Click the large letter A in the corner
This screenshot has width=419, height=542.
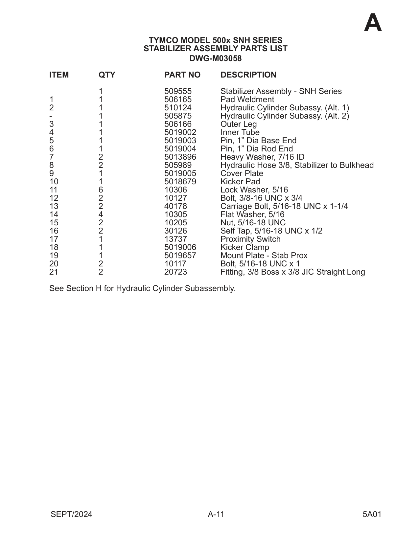[373, 23]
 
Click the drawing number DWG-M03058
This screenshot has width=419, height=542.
[216, 58]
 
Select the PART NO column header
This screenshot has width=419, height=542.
[182, 75]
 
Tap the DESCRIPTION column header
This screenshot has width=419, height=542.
[248, 75]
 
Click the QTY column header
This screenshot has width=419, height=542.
[107, 75]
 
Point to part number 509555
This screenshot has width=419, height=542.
[178, 91]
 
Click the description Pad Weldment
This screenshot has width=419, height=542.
[247, 100]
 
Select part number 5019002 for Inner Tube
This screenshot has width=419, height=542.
[180, 132]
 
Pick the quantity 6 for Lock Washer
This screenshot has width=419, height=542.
[101, 190]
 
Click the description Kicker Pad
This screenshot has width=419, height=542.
[240, 182]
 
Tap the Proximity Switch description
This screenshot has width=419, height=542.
[250, 239]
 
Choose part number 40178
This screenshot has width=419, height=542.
[175, 206]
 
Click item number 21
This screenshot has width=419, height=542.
[54, 272]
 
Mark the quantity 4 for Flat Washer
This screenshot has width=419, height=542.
[101, 215]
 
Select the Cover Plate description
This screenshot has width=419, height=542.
[242, 173]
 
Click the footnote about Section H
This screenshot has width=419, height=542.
[142, 288]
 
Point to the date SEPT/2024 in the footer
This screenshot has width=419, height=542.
[71, 514]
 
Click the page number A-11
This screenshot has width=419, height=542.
[216, 514]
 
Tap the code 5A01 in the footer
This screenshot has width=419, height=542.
[372, 514]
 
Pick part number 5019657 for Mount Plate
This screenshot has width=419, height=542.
[180, 256]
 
